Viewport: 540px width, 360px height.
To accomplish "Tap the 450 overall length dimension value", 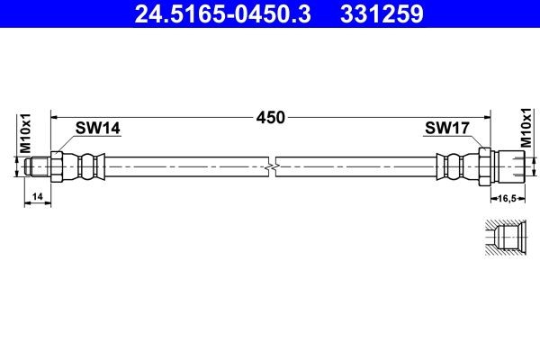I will point(270,117).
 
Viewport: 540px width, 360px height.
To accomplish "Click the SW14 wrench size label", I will point(97,129).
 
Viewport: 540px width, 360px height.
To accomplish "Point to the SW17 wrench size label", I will point(447,129).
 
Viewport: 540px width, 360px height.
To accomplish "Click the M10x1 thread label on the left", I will point(26,131).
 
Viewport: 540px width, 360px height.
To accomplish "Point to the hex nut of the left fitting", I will point(57,166).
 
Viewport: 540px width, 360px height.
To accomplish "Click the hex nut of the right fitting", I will point(485,166).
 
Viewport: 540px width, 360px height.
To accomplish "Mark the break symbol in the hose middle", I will point(273,166).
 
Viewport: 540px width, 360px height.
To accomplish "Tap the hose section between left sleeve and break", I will point(180,166).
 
